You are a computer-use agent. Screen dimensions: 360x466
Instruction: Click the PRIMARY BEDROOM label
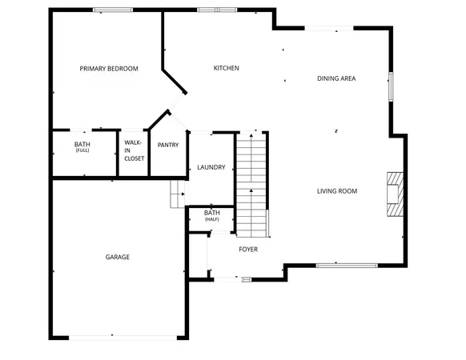[109, 69]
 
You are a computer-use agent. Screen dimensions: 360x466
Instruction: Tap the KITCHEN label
[226, 68]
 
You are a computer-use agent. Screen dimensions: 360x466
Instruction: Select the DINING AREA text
[336, 78]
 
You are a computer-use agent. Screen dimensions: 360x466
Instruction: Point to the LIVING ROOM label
[336, 191]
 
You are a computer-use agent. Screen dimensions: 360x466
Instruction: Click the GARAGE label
[118, 257]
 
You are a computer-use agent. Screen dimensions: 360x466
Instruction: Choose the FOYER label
[248, 250]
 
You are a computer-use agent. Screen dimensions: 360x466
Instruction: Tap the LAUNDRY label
[211, 167]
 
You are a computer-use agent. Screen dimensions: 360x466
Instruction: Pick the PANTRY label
[168, 145]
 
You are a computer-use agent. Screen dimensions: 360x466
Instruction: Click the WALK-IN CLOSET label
[134, 150]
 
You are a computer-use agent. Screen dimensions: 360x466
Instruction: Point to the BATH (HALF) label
[211, 215]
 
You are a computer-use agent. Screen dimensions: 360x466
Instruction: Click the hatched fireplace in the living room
[395, 194]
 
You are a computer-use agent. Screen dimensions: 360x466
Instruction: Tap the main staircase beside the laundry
[251, 184]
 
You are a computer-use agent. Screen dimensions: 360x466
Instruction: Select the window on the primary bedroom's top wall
[113, 10]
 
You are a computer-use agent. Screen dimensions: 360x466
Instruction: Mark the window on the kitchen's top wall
[218, 10]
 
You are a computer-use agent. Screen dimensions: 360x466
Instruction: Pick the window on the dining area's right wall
[391, 86]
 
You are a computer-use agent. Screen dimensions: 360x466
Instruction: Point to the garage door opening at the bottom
[111, 337]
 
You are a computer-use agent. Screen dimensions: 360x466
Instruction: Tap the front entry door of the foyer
[227, 278]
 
